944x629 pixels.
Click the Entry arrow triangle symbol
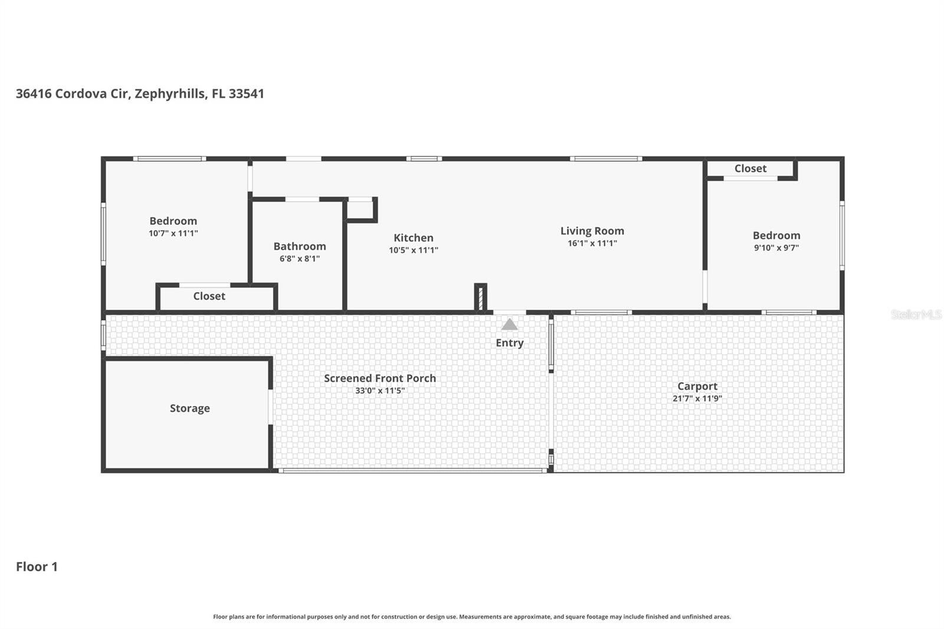coord(509,325)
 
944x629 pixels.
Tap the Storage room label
coord(189,408)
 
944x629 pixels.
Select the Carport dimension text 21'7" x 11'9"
coord(697,398)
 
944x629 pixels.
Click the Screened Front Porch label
coord(379,378)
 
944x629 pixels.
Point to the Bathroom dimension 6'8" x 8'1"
coord(299,258)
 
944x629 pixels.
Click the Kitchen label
coord(413,238)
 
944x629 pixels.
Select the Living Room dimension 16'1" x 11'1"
coord(592,243)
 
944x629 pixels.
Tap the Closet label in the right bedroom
coord(750,169)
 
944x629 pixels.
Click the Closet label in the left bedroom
coord(209,296)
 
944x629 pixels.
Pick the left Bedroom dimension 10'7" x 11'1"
coord(173,234)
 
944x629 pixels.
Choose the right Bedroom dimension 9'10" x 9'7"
coord(776,248)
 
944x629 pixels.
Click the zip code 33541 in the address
coord(246,94)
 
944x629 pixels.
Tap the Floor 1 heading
coord(37,566)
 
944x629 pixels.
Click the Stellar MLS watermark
coord(916,314)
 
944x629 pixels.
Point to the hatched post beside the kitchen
coord(480,297)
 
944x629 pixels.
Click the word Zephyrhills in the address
coord(169,94)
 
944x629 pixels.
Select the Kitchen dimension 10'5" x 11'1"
coord(413,250)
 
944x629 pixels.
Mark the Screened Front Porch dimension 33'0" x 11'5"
coord(379,391)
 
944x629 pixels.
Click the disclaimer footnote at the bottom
coord(471,617)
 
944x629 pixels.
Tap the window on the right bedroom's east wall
coord(842,235)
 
